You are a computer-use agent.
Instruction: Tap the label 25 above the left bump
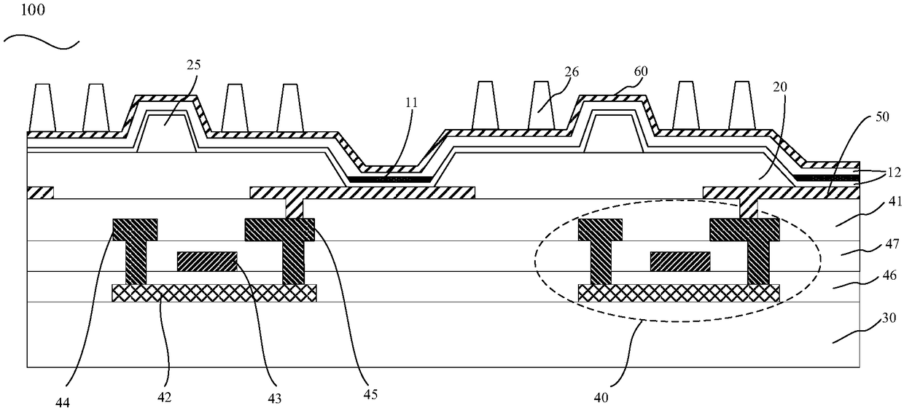193,65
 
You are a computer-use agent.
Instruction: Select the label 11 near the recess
411,103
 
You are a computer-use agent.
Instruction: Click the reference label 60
641,71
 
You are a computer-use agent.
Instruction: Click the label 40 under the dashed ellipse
604,379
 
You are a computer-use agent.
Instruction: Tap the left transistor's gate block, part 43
208,261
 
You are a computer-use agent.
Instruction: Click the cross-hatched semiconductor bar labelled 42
214,293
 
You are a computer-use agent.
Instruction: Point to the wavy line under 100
42,43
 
